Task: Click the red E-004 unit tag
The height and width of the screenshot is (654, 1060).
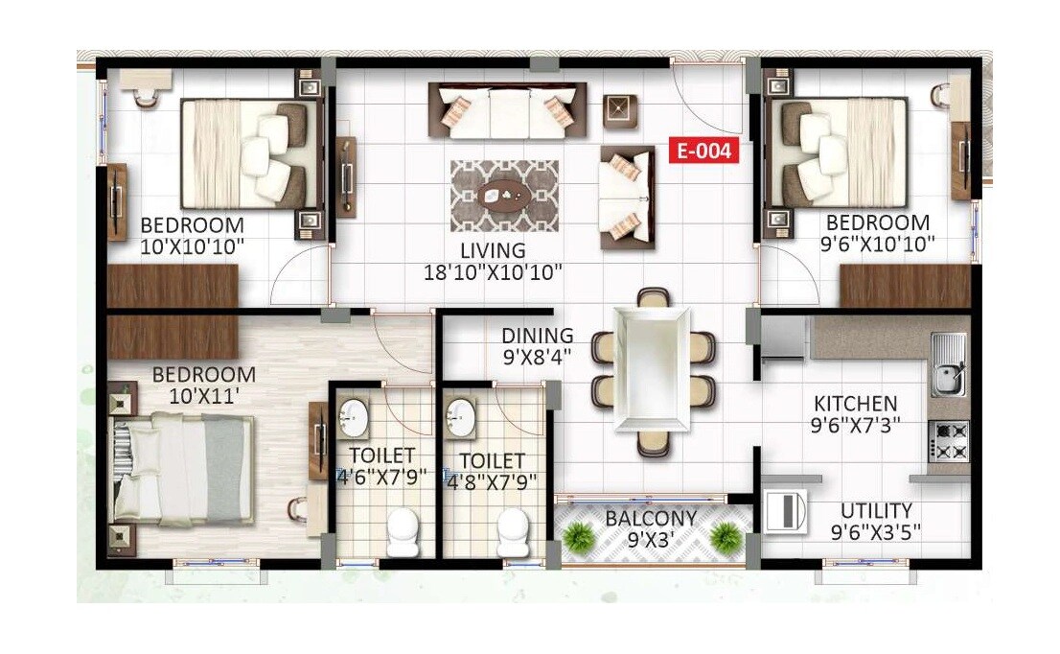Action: [x=704, y=151]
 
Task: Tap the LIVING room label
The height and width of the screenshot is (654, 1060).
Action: [x=493, y=250]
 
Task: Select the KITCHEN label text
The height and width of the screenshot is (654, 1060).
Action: [x=856, y=404]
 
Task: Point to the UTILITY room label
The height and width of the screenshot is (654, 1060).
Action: [x=876, y=511]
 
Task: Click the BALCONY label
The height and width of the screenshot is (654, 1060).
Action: [x=651, y=519]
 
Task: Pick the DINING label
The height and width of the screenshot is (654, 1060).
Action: [x=538, y=336]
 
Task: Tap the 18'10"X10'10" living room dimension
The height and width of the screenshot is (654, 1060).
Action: [x=493, y=271]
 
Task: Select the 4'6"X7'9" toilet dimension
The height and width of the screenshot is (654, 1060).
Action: [x=381, y=477]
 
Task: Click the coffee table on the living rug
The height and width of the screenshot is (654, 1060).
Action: [x=505, y=196]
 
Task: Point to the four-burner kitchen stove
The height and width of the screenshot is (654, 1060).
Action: [x=950, y=441]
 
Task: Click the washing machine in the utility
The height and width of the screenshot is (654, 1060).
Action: [x=786, y=510]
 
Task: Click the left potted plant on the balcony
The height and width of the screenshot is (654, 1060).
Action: [x=578, y=537]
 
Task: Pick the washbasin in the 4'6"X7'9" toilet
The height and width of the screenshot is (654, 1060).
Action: [x=355, y=415]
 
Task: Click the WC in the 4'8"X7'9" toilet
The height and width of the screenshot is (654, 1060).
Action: [x=514, y=530]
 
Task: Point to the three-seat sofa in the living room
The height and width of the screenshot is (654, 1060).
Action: [x=507, y=110]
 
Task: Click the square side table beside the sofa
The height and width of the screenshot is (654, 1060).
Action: [x=620, y=110]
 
